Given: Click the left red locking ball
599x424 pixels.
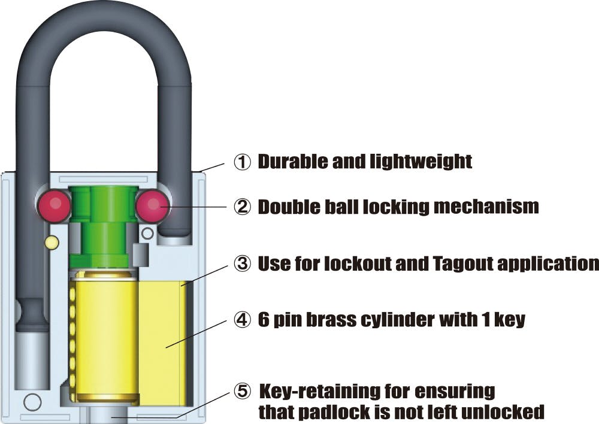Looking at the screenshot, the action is coord(55,206).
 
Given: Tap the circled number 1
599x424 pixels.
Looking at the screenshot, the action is coord(242,162).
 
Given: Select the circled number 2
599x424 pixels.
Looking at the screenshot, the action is coord(242,207).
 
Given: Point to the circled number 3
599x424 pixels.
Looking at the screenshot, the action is coord(242,264).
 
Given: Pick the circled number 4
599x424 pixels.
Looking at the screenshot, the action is coord(242,320).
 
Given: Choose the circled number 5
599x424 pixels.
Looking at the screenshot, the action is coord(242,391).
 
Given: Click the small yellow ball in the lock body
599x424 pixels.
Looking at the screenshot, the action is coord(51,242).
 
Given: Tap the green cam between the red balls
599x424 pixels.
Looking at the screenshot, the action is coord(104,225).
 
